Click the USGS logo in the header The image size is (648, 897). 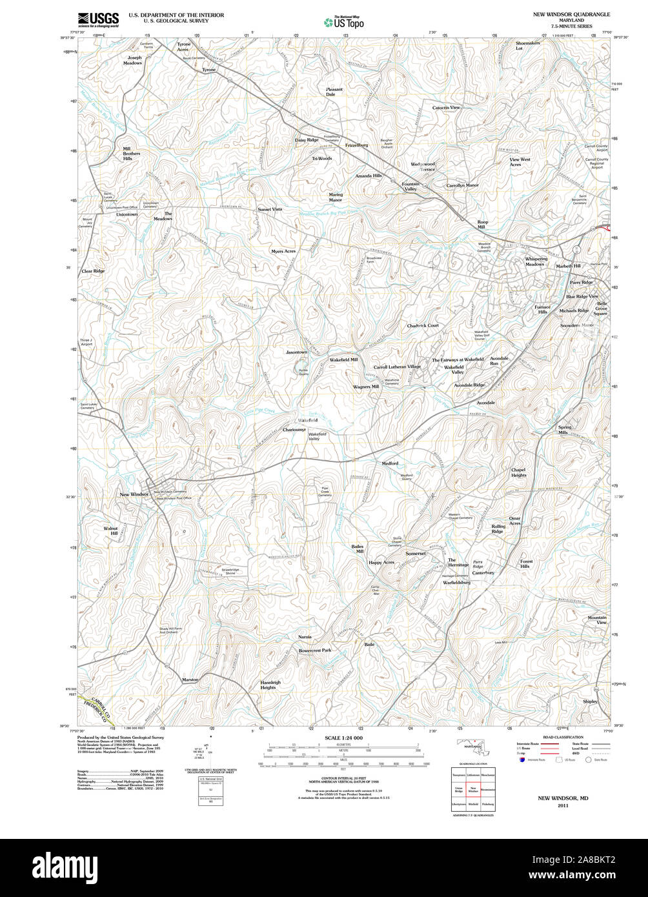[98, 19]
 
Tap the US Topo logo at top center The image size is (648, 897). [344, 22]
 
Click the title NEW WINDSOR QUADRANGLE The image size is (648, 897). [571, 14]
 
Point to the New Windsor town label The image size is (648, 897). [134, 494]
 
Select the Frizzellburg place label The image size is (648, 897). [356, 145]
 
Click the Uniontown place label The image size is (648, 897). [127, 214]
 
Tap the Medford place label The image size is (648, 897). [390, 463]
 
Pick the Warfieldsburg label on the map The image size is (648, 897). [456, 582]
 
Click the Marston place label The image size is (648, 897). [190, 680]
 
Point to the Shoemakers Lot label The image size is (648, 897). [527, 45]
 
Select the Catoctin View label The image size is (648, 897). [446, 107]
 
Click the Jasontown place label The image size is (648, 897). [296, 352]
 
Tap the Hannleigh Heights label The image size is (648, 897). [270, 685]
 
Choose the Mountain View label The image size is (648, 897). [597, 620]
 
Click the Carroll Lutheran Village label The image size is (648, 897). [397, 367]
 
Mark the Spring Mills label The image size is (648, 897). [565, 430]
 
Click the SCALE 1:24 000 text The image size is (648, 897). [343, 738]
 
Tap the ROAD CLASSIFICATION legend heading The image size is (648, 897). [563, 737]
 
